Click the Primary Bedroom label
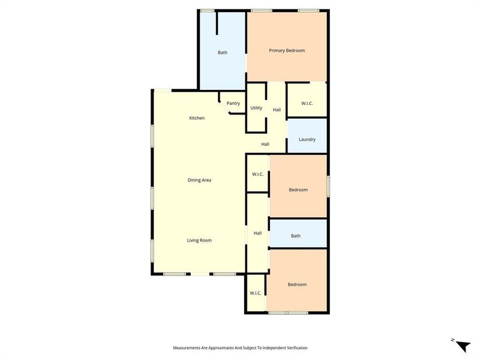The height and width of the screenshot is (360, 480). (x=287, y=50)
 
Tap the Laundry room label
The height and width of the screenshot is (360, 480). (x=307, y=140)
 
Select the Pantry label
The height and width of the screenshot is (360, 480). (x=233, y=103)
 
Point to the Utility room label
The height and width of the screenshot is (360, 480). (x=256, y=108)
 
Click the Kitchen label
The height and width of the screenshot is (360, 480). (x=197, y=118)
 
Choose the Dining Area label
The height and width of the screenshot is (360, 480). (x=199, y=180)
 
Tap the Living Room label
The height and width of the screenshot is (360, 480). (x=199, y=241)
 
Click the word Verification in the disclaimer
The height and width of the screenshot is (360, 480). (x=295, y=348)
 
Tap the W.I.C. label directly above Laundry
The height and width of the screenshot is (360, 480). (x=307, y=103)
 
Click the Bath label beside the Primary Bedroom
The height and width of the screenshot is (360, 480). (x=223, y=53)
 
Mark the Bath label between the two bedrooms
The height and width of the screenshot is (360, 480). (x=296, y=236)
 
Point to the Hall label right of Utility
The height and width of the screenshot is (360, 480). (x=277, y=110)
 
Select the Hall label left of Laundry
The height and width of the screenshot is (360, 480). (x=265, y=144)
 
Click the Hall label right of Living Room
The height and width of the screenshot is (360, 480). (x=257, y=233)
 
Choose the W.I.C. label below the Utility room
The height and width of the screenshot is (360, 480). (x=257, y=174)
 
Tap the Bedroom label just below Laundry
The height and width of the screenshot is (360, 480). (x=298, y=190)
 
